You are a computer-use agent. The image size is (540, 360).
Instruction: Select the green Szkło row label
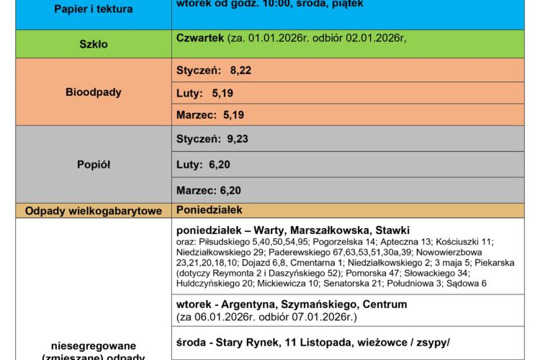point(94,44)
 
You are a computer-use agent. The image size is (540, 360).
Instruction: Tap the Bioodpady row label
point(94,92)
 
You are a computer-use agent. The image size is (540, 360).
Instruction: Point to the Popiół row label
point(94,164)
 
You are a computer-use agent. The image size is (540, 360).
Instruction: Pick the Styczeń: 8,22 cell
point(214,70)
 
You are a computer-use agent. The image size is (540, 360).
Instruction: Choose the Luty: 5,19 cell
point(204,93)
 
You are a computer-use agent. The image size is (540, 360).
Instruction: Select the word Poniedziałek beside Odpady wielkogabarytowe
point(209,210)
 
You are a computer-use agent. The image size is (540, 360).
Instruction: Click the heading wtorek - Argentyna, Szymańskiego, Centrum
point(291,305)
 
